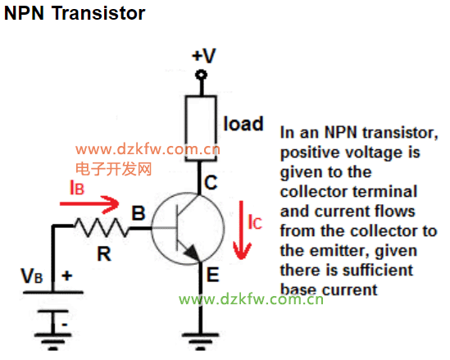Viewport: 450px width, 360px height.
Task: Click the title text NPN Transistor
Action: click(75, 13)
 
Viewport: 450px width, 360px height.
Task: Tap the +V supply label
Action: click(204, 56)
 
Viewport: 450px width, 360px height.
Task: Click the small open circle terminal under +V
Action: click(201, 75)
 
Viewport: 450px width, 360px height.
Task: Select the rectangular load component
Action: click(201, 128)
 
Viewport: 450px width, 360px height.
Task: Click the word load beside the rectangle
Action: click(243, 124)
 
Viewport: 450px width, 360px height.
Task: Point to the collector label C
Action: click(211, 182)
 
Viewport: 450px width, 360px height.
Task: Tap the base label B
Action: click(139, 213)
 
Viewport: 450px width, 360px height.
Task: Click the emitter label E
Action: click(213, 275)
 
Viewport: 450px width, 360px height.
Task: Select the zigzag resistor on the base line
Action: click(102, 227)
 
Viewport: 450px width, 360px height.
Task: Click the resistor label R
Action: click(104, 254)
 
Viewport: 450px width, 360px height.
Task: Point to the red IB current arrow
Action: click(89, 204)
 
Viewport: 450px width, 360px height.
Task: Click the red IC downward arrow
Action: click(242, 230)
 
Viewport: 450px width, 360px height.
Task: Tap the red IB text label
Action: click(77, 188)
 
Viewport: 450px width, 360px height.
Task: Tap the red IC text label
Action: click(255, 222)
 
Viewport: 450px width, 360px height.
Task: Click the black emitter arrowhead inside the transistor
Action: click(192, 253)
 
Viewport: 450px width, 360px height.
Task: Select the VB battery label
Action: click(32, 276)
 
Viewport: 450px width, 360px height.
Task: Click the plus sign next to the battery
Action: click(67, 276)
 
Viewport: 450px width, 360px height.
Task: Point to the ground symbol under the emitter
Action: click(201, 341)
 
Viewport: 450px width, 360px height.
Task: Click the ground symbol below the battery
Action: click(53, 342)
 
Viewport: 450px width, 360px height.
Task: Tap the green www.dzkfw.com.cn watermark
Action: click(251, 299)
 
